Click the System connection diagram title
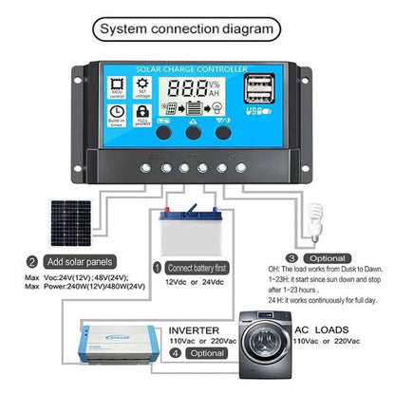(197, 28)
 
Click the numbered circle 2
(32, 262)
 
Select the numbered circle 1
(157, 269)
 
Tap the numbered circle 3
(292, 256)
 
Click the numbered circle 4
(173, 352)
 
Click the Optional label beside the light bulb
(329, 256)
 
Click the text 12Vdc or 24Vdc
(195, 283)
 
